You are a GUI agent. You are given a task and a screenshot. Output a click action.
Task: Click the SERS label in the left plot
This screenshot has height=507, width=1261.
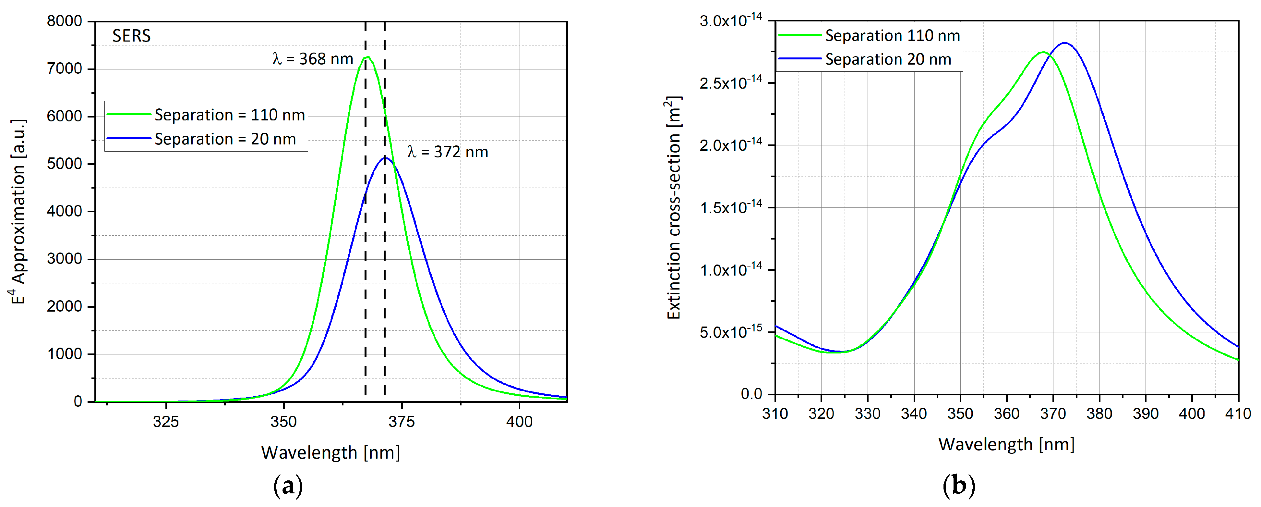(x=131, y=36)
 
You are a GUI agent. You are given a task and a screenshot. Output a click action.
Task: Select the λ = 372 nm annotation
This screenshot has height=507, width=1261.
(x=448, y=152)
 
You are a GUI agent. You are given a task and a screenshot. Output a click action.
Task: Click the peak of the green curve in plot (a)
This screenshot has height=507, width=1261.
(x=367, y=57)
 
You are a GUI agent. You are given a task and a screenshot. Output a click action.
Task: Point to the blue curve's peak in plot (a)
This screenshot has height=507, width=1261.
(x=386, y=158)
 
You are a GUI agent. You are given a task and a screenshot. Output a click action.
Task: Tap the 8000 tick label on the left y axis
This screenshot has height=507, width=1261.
(x=64, y=21)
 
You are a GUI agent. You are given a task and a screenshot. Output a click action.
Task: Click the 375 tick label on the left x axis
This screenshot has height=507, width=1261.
(x=402, y=422)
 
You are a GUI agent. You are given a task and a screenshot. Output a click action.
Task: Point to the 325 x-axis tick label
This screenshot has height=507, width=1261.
(x=166, y=422)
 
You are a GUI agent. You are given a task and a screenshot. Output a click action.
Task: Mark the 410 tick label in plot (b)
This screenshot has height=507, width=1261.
(x=1238, y=414)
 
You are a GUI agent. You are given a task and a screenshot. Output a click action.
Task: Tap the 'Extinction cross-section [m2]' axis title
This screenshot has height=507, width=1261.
(x=674, y=208)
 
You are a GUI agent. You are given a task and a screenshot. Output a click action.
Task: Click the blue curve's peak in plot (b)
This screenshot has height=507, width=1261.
(x=1064, y=43)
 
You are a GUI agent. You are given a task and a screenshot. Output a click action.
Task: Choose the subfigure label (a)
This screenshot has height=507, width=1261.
(x=288, y=486)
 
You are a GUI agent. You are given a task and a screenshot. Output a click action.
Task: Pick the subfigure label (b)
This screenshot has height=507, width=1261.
(x=958, y=486)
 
